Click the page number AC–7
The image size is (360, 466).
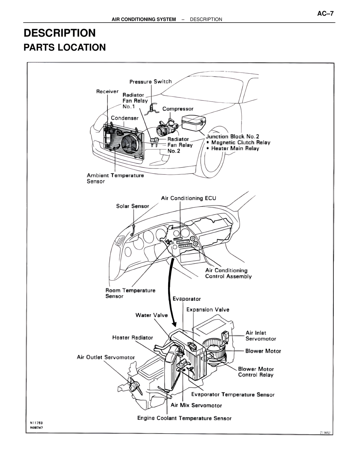coord(325,14)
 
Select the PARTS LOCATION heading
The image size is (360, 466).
coord(65,47)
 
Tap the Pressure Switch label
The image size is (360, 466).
coord(150,82)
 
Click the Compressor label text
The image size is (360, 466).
coord(178,109)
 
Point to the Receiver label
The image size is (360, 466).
coord(107,91)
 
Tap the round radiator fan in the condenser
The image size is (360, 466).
coord(129,143)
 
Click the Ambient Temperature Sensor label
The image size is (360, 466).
coord(115,178)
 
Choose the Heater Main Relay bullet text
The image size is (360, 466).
coord(235,148)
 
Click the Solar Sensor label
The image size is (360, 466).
coord(132,206)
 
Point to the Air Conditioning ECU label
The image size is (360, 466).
coord(188,198)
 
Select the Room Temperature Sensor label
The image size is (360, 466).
coord(130,293)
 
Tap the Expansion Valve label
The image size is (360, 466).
coord(208,310)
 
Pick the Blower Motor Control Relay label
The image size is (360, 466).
coord(256,372)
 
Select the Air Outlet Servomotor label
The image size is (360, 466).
coord(106,357)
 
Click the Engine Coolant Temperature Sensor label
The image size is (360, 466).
coord(184,418)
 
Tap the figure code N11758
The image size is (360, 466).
coord(36,423)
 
